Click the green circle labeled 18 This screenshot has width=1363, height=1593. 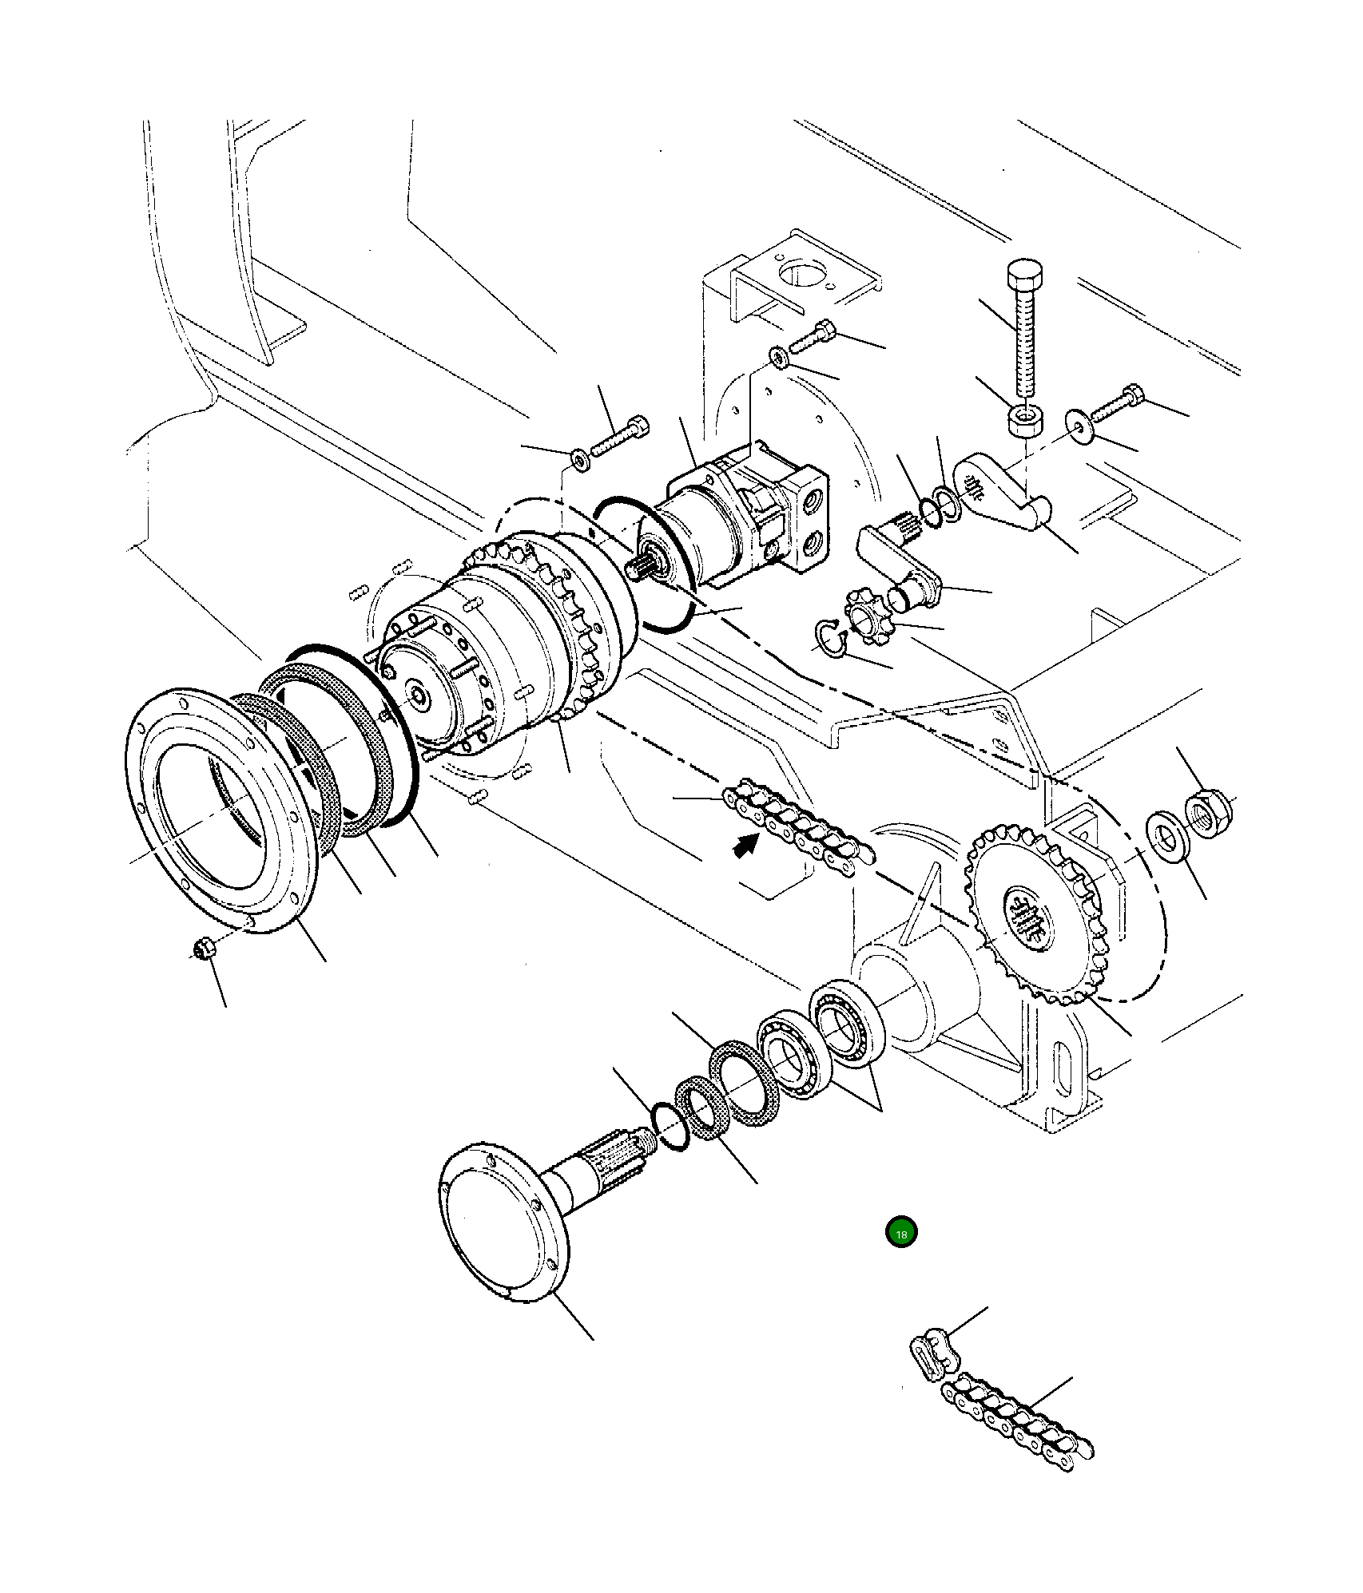pos(901,1232)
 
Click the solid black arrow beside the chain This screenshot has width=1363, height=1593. pos(745,845)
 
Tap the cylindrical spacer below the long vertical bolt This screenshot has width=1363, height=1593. pos(1025,420)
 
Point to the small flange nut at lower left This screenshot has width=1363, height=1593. pos(203,949)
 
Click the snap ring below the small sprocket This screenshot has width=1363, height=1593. pos(829,638)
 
